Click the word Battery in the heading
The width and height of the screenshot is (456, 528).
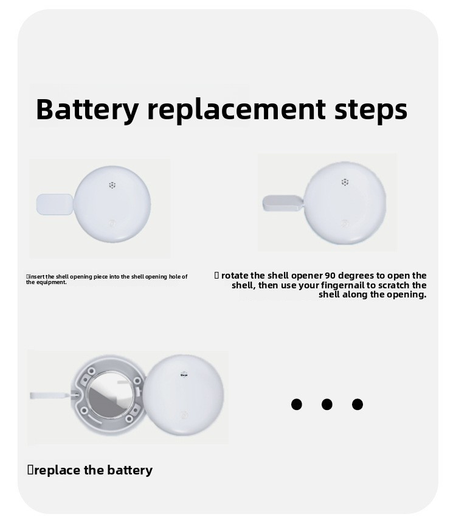pyautogui.click(x=87, y=109)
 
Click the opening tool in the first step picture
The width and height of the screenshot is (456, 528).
pyautogui.click(x=55, y=204)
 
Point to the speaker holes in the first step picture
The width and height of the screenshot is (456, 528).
pyautogui.click(x=112, y=185)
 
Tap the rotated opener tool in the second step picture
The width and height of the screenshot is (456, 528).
pyautogui.click(x=283, y=203)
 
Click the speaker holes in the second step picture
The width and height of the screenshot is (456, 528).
pyautogui.click(x=345, y=182)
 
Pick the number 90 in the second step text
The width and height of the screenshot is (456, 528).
pyautogui.click(x=330, y=276)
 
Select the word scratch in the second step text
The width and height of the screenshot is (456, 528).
pyautogui.click(x=395, y=285)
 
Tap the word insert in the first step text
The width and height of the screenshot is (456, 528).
pyautogui.click(x=37, y=277)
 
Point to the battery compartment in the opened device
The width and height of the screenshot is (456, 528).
pyautogui.click(x=109, y=394)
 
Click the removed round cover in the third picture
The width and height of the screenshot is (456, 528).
pyautogui.click(x=184, y=394)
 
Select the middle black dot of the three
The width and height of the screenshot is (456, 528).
pyautogui.click(x=326, y=404)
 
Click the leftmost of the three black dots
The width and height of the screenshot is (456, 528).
pyautogui.click(x=297, y=404)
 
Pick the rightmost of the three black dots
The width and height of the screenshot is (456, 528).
pyautogui.click(x=358, y=404)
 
